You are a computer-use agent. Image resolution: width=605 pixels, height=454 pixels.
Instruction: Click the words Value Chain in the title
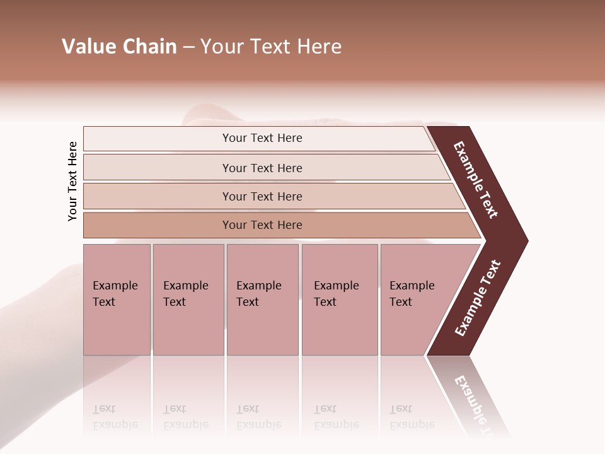[119, 47]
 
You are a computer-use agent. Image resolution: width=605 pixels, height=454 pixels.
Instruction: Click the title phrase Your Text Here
[271, 47]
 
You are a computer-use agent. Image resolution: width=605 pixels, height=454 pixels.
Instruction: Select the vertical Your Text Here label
[72, 181]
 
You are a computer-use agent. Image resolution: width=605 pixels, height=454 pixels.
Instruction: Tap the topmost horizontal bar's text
[262, 138]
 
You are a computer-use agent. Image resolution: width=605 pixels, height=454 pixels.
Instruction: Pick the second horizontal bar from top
[262, 168]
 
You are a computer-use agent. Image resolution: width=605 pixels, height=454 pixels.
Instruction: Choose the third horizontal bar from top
[262, 196]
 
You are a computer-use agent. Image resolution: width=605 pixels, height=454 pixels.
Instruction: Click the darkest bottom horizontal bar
[262, 225]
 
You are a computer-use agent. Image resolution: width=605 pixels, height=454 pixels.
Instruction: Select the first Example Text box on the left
[117, 300]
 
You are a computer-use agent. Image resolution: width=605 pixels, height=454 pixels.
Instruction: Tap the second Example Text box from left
[188, 300]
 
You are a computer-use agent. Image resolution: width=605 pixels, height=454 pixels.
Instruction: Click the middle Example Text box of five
[262, 300]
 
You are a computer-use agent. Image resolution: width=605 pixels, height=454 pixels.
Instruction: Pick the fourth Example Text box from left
[340, 300]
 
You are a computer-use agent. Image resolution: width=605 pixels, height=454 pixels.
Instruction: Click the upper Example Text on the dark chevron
[476, 180]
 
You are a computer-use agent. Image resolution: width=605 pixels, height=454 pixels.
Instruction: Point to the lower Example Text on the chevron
[478, 298]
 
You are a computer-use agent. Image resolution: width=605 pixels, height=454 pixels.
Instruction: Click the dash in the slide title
[188, 47]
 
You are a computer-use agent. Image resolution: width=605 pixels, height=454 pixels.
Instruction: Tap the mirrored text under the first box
[115, 417]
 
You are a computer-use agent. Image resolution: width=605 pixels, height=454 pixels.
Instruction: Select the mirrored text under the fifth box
[412, 417]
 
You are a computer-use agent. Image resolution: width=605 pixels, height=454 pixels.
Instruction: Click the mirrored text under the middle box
[258, 417]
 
